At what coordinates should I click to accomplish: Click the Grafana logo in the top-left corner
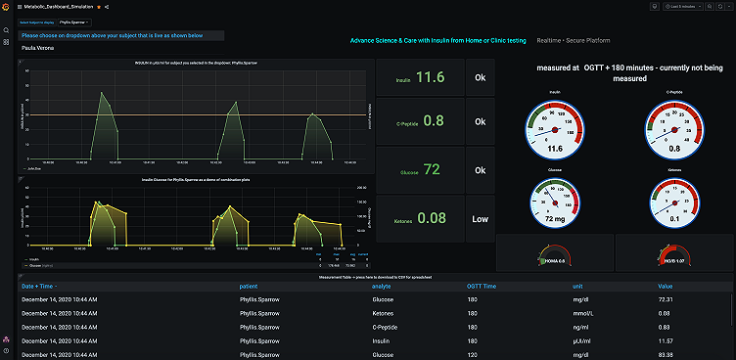(x=6, y=6)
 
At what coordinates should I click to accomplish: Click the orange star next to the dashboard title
(x=98, y=7)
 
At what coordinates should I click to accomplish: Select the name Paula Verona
(x=38, y=47)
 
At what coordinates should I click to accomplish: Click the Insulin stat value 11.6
(x=435, y=77)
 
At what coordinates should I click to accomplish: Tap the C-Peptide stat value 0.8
(x=435, y=121)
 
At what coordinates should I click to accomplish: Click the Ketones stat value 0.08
(x=433, y=217)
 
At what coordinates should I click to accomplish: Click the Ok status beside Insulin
(x=479, y=77)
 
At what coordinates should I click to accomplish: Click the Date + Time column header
(x=38, y=286)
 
